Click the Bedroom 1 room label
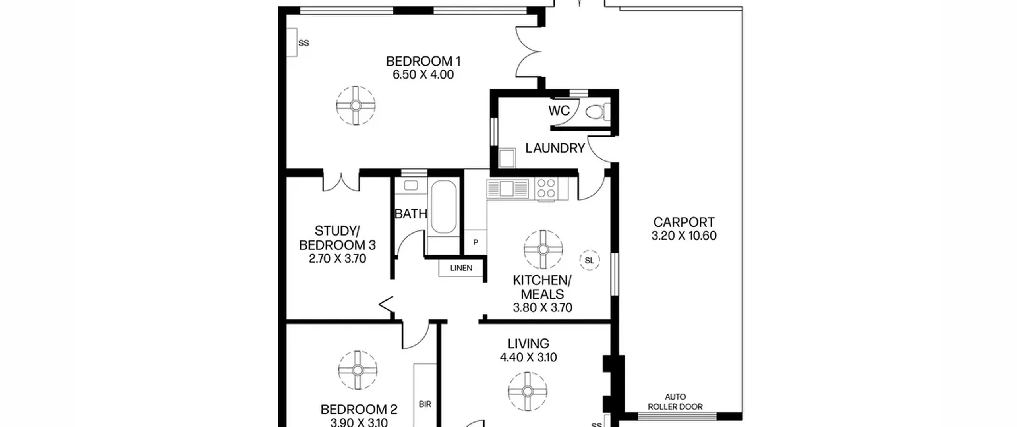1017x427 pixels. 423,61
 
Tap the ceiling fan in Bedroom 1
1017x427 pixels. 356,106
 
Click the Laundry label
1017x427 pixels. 555,148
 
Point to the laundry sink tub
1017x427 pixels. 507,158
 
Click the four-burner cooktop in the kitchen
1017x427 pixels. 546,189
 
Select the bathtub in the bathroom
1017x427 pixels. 444,207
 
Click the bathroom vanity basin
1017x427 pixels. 411,185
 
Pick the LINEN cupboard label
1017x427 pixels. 461,268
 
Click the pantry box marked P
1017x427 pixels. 476,242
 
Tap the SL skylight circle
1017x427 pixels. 590,261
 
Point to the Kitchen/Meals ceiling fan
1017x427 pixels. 543,249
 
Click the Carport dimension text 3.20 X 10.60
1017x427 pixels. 684,236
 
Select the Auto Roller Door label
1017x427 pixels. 675,402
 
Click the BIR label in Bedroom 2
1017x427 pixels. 425,404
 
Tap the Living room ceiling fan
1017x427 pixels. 528,391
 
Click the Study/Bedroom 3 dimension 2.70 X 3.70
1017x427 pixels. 337,259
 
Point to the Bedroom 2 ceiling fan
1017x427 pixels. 358,370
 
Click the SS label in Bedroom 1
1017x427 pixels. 304,43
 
